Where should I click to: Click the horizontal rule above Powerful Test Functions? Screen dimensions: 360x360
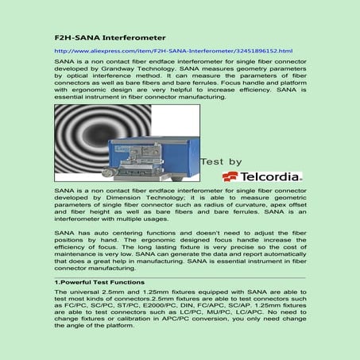click(180, 275)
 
